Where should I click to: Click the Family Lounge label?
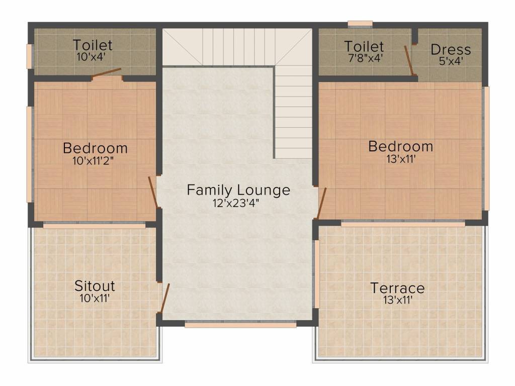pyautogui.click(x=238, y=189)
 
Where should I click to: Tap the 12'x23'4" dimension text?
pyautogui.click(x=236, y=204)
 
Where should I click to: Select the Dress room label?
pyautogui.click(x=451, y=50)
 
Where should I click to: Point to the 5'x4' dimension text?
pyautogui.click(x=451, y=61)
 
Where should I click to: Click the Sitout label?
pyautogui.click(x=95, y=286)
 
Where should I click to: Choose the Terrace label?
pyautogui.click(x=397, y=288)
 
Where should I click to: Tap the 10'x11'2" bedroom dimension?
pyautogui.click(x=95, y=161)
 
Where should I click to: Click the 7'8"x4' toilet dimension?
pyautogui.click(x=365, y=58)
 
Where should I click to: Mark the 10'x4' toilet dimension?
pyautogui.click(x=91, y=57)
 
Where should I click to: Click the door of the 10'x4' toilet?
pyautogui.click(x=107, y=73)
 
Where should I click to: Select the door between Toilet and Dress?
pyautogui.click(x=408, y=60)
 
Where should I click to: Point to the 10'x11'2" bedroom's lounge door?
pyautogui.click(x=153, y=192)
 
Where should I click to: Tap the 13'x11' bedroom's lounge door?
pyautogui.click(x=321, y=203)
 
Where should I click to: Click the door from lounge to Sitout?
pyautogui.click(x=164, y=298)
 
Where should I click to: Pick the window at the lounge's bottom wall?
pyautogui.click(x=240, y=325)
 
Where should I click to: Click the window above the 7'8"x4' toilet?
pyautogui.click(x=360, y=24)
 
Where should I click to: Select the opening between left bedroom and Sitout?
pyautogui.click(x=94, y=226)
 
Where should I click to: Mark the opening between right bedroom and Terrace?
pyautogui.click(x=403, y=224)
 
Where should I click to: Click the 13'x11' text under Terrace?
pyautogui.click(x=398, y=300)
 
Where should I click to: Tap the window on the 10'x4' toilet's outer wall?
pyautogui.click(x=29, y=56)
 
